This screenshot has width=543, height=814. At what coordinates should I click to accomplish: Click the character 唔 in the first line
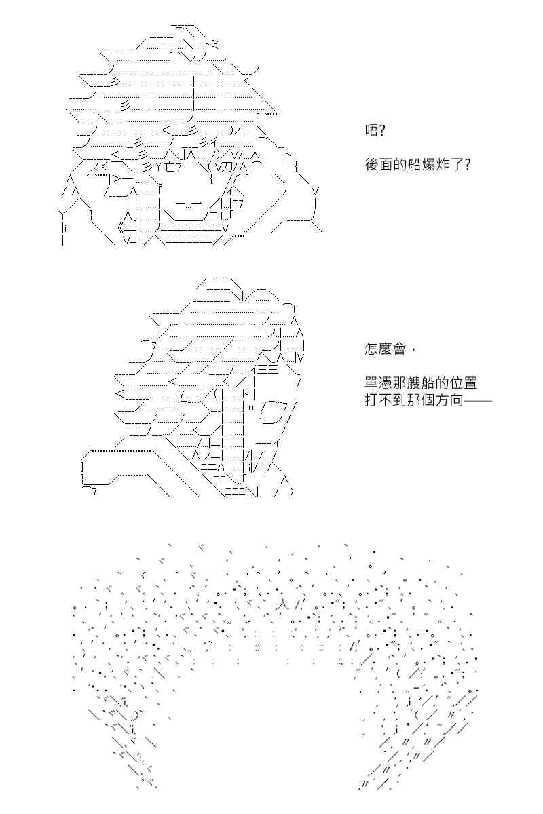(371, 130)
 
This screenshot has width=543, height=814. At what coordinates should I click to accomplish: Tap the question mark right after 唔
(381, 130)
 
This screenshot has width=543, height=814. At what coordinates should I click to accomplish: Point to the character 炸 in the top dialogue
(441, 166)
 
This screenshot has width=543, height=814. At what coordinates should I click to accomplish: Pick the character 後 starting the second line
(371, 166)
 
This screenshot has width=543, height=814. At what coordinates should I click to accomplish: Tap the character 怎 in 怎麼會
(371, 349)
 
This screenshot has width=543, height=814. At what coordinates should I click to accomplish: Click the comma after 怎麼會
(412, 349)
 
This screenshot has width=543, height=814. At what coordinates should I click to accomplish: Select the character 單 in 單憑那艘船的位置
(371, 383)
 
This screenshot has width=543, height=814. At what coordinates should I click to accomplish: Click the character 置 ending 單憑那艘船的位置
(470, 383)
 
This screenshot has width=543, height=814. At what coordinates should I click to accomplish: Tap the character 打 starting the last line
(371, 400)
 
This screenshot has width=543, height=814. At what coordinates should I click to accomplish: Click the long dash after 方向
(478, 401)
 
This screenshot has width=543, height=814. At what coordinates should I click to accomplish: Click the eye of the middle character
(274, 412)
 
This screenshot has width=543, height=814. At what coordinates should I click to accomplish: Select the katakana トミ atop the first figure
(211, 44)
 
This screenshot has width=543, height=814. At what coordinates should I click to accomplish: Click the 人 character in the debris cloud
(282, 604)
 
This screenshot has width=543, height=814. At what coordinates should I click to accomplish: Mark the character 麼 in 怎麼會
(385, 349)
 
